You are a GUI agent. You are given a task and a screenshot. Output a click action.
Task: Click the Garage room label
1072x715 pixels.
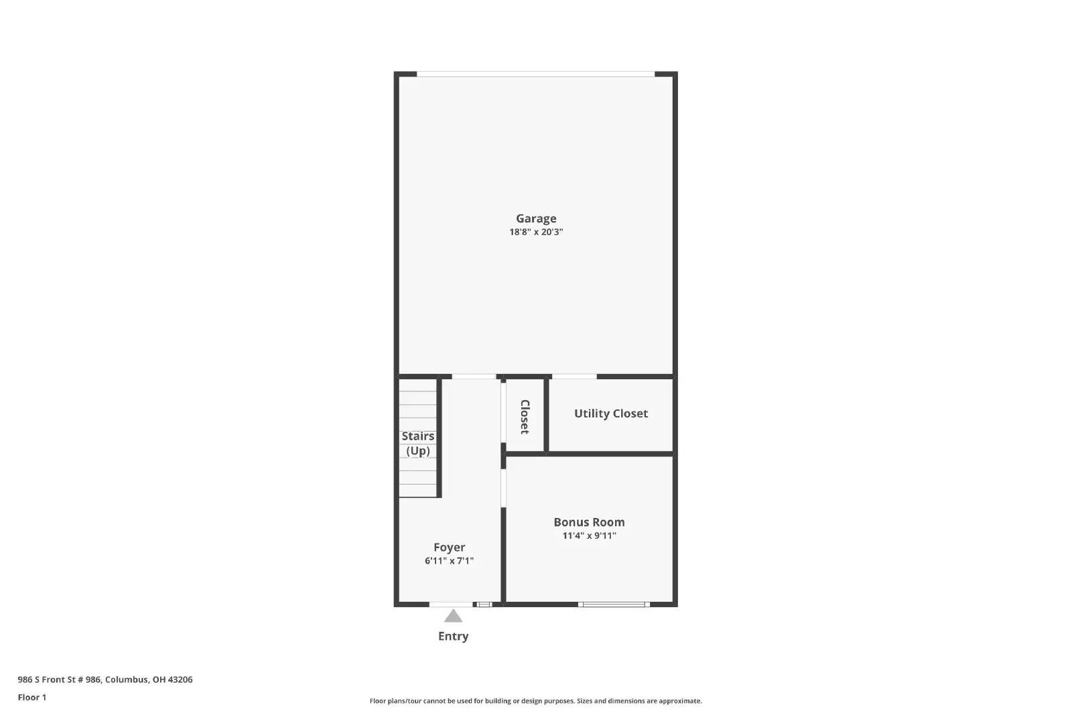pos(536,218)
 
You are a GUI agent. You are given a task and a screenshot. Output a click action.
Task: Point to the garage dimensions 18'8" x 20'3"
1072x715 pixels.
pos(536,233)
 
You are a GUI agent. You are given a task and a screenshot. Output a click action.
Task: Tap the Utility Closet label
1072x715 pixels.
pos(610,413)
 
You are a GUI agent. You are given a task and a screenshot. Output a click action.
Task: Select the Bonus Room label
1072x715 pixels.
pos(589,522)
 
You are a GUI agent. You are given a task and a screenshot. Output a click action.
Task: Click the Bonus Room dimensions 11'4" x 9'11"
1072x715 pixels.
pos(589,535)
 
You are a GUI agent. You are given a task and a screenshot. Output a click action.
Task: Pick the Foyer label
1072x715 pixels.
pos(449,547)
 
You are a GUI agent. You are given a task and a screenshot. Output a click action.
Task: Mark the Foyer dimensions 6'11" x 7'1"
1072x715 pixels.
pos(449,561)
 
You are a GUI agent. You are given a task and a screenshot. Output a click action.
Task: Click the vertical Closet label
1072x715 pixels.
pos(525,417)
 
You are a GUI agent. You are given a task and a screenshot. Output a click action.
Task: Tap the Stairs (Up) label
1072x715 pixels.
pos(418,444)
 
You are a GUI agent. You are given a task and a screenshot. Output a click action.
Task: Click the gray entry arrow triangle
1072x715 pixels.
pos(453,616)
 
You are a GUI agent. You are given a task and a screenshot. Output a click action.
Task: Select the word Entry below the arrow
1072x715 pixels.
pos(453,637)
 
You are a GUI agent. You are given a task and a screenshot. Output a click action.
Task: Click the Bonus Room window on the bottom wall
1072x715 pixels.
pos(614,604)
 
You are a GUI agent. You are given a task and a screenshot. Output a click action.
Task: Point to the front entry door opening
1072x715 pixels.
pos(451,604)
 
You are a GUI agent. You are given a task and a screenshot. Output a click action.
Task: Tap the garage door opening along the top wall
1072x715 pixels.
pos(535,74)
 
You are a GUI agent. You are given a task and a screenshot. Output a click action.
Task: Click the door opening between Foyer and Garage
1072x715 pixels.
pos(474,377)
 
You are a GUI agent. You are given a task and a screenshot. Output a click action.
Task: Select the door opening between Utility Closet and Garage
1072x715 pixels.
pos(574,377)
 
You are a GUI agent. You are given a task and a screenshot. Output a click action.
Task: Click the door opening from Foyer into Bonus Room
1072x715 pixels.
pos(503,488)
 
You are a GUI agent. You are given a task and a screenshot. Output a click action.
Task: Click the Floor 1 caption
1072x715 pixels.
pos(32,698)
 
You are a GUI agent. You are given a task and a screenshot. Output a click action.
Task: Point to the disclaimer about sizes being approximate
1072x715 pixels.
pos(535,701)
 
